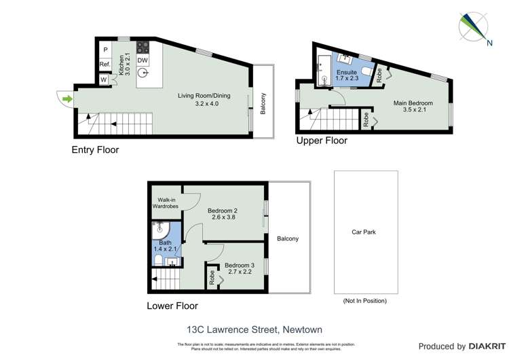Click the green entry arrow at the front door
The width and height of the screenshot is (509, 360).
coord(67,100)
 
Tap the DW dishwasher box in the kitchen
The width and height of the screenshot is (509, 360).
coord(143,60)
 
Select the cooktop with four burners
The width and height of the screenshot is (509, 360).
coord(143,47)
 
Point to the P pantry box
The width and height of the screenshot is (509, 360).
coord(105,50)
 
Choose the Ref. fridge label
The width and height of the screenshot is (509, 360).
coord(105,65)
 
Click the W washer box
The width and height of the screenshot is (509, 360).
coord(105,79)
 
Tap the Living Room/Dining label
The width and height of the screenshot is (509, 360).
coord(204,96)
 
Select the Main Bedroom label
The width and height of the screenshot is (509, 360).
coord(413,103)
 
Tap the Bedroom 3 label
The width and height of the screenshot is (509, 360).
coord(238,265)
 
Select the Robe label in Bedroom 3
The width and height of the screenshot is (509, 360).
coord(212,277)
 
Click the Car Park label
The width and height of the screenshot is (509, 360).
coord(364,232)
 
